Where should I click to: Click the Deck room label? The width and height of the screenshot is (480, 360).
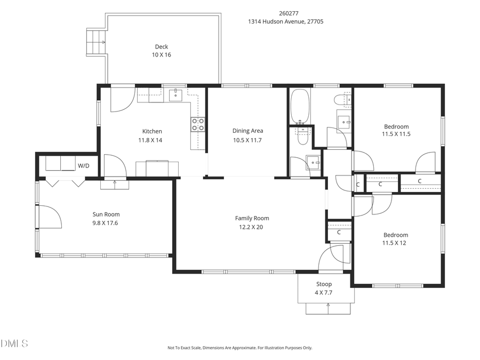[161, 46]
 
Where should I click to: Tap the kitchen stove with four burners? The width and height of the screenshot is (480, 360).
[197, 124]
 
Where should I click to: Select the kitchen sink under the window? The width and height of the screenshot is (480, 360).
[175, 95]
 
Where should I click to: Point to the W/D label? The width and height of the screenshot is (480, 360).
[84, 166]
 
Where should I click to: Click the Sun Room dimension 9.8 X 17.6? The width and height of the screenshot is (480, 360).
[105, 222]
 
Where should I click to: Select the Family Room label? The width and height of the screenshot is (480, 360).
[252, 218]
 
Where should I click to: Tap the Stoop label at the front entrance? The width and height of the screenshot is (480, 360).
[324, 284]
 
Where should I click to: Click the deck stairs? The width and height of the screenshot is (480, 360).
[97, 41]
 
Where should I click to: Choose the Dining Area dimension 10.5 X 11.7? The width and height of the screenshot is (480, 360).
[247, 140]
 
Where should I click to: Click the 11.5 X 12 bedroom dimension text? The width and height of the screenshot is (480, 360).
[396, 243]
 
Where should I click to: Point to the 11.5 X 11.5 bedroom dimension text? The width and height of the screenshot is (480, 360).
[396, 134]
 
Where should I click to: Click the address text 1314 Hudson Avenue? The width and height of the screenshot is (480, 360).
[285, 22]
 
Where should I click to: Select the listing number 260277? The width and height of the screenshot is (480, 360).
[286, 13]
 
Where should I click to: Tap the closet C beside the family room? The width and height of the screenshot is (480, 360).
[339, 233]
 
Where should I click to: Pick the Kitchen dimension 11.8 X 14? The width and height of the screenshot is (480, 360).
[151, 140]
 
